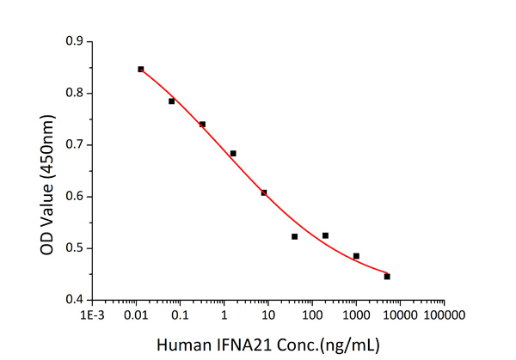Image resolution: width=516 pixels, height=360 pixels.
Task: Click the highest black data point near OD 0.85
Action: (141, 69)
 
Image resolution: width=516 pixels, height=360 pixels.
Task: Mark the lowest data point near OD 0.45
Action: (387, 277)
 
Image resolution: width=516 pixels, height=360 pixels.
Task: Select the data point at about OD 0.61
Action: (264, 192)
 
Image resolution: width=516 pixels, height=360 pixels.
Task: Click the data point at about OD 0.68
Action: (233, 153)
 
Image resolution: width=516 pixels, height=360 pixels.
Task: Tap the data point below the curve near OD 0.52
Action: (295, 236)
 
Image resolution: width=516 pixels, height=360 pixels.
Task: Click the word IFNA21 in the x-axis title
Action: (241, 342)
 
